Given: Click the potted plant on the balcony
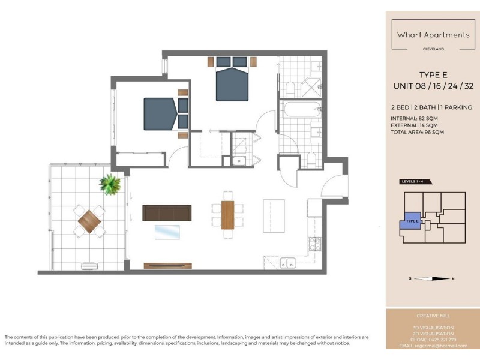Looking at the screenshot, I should point(110,184).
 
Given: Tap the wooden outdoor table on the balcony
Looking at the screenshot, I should point(89,221).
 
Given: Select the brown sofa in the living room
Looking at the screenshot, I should point(167,212).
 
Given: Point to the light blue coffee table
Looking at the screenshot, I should point(167,232).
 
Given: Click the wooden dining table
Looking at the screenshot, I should point(228,214).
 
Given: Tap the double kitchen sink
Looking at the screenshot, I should point(288,263).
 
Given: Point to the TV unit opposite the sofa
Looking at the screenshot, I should point(168,265).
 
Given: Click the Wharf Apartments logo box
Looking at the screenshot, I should point(433,35).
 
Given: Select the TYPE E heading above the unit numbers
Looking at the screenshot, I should point(433,76).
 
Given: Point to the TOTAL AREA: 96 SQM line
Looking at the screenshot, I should point(421,132).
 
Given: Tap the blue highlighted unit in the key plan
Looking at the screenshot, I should point(411,221).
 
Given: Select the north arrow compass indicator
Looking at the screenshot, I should point(433,278).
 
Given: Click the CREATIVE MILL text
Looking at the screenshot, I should point(433,316).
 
